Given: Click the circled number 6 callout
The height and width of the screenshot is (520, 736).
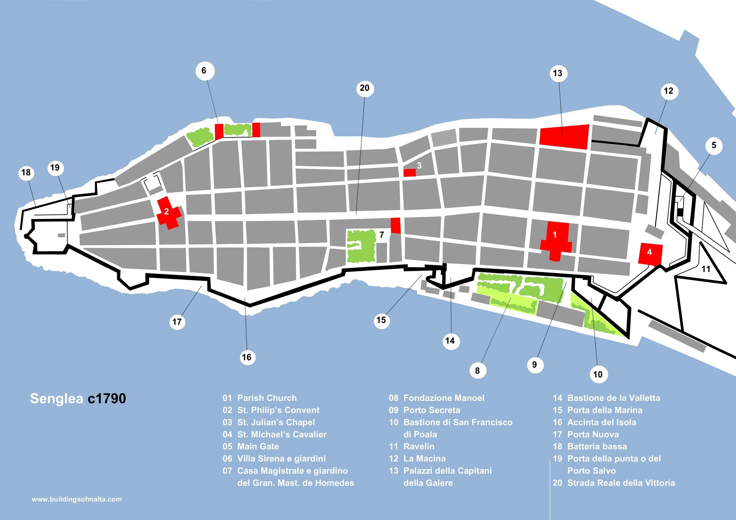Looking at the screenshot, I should tap(204, 71).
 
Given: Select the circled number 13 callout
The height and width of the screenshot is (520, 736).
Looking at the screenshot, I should tap(558, 73).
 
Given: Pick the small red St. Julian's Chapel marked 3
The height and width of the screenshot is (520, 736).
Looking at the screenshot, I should tap(409, 173).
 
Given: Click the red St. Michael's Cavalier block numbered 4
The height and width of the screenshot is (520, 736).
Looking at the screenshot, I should tap(650, 253).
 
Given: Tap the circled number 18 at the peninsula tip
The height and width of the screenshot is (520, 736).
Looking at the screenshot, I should tap(26, 172).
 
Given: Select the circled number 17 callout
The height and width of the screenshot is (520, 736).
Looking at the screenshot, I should tap(177, 322).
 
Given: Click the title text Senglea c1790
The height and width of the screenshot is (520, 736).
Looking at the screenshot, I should tap(78, 398).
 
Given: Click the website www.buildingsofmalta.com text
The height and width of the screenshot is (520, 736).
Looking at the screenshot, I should tap(77, 499).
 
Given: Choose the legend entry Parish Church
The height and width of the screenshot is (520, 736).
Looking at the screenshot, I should tap(267, 398).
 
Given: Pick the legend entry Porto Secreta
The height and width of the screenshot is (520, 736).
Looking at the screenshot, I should tap(432, 410).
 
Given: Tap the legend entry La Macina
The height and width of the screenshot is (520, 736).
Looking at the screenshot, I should tap(425, 458).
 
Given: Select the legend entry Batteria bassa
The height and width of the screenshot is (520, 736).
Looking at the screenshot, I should tap(597, 446).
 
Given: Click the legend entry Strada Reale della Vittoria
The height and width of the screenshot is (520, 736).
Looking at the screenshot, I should tap(621, 483).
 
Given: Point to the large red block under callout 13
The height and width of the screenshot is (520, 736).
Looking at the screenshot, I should tap(564, 137).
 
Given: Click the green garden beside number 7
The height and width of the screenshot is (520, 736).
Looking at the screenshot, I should tap(361, 246).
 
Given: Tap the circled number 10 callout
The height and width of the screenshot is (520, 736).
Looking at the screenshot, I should tap(598, 374).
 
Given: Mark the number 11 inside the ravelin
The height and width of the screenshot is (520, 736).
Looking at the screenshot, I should tap(706, 269).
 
